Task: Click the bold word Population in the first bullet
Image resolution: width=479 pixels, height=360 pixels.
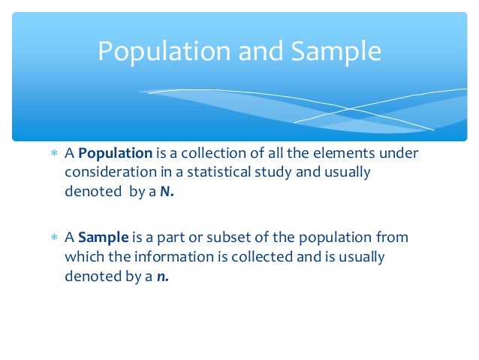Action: pos(116,153)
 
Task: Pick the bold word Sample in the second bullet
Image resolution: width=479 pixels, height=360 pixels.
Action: pos(104,237)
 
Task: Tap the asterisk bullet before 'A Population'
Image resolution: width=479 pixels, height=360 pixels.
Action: pos(53,154)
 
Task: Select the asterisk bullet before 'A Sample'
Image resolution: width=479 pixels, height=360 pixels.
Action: pos(53,238)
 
